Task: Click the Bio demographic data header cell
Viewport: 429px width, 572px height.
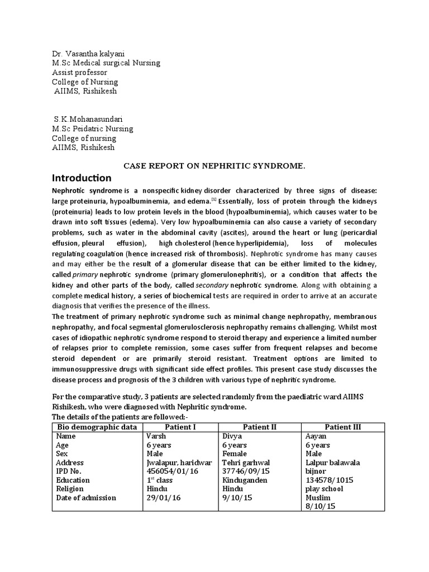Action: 97,427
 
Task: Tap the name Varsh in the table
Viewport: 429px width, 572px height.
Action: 156,436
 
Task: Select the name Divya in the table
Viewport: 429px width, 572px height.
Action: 232,436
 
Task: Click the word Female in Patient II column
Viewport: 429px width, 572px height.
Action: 235,454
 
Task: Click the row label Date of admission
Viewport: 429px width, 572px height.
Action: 86,498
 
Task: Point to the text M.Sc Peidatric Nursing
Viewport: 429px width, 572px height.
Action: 92,128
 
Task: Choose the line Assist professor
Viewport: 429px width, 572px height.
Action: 80,73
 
